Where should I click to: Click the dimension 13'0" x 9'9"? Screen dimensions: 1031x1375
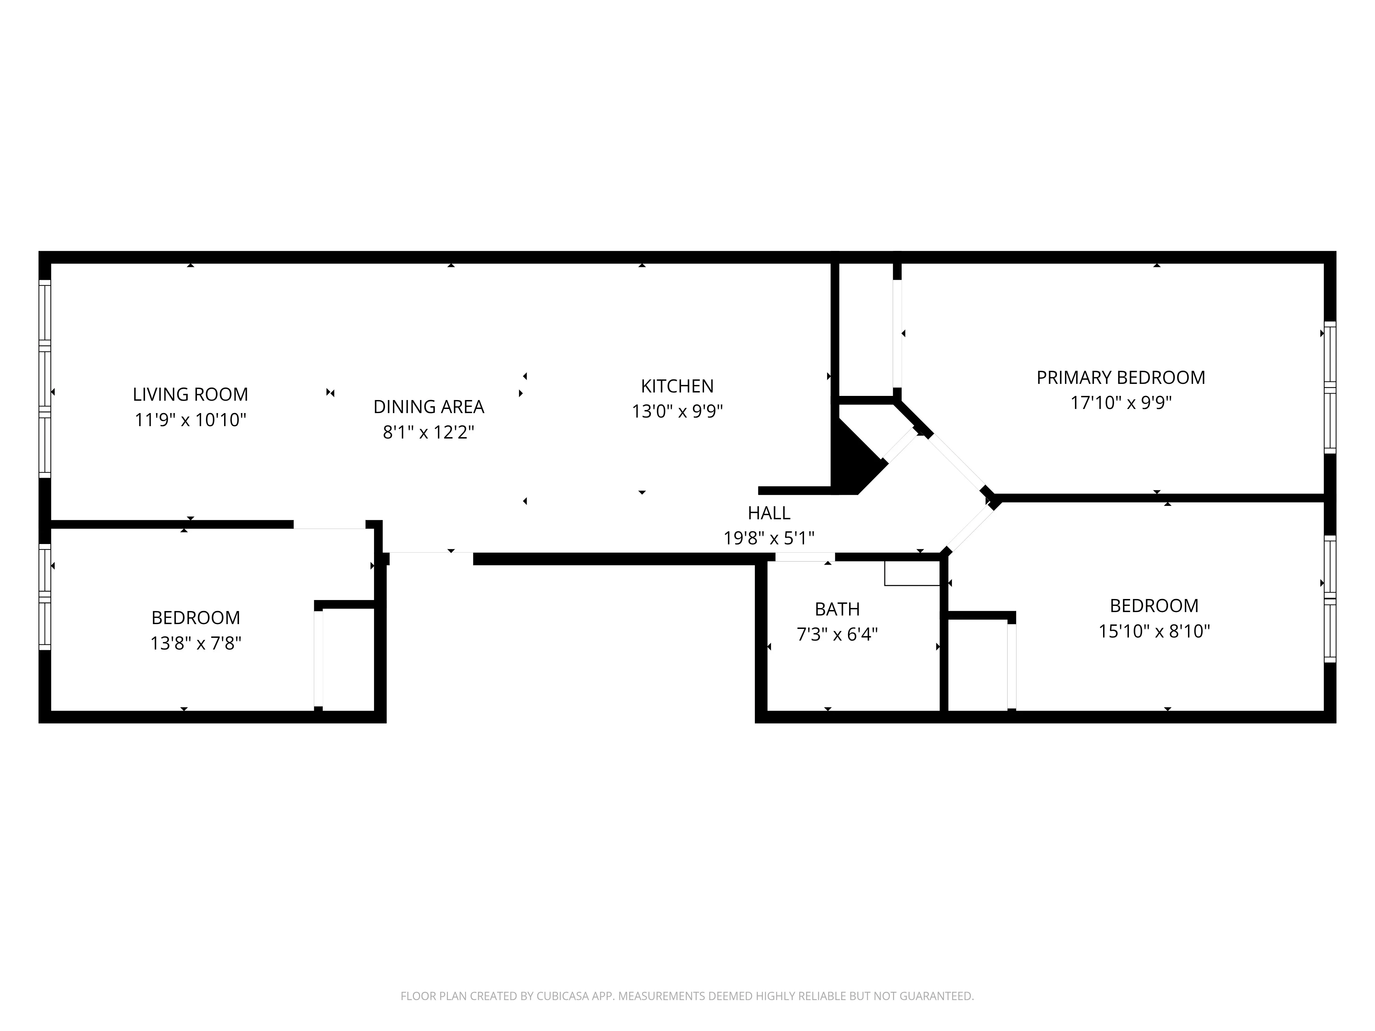[x=677, y=411]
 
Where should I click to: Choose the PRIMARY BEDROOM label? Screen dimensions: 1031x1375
[x=1120, y=377]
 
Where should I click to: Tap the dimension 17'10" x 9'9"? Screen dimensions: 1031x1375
[x=1120, y=403]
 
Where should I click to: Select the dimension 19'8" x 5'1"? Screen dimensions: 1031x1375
[x=769, y=538]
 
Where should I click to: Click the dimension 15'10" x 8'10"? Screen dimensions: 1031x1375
[x=1154, y=631]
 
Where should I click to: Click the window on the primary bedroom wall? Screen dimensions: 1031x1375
[x=1329, y=388]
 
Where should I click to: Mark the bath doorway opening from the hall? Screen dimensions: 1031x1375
[x=804, y=557]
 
